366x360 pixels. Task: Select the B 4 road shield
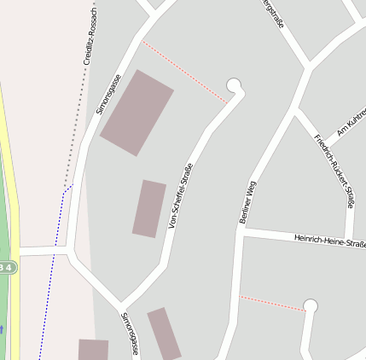click(6, 267)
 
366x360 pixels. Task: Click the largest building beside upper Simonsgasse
click(137, 112)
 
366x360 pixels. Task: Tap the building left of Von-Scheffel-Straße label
click(149, 208)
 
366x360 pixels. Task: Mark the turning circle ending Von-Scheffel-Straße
click(235, 85)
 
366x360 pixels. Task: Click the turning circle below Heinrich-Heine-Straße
click(310, 305)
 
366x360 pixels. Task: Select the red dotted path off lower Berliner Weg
click(271, 303)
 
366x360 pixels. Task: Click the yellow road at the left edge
click(12, 171)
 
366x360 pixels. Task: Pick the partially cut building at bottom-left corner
click(93, 350)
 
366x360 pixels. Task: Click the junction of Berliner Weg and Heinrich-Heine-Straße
click(243, 231)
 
